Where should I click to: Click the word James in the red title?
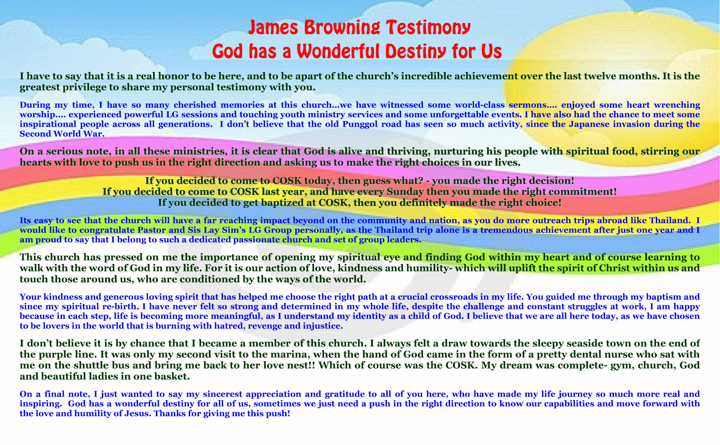click(273, 27)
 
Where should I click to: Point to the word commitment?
click(582, 192)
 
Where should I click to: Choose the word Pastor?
click(150, 230)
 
